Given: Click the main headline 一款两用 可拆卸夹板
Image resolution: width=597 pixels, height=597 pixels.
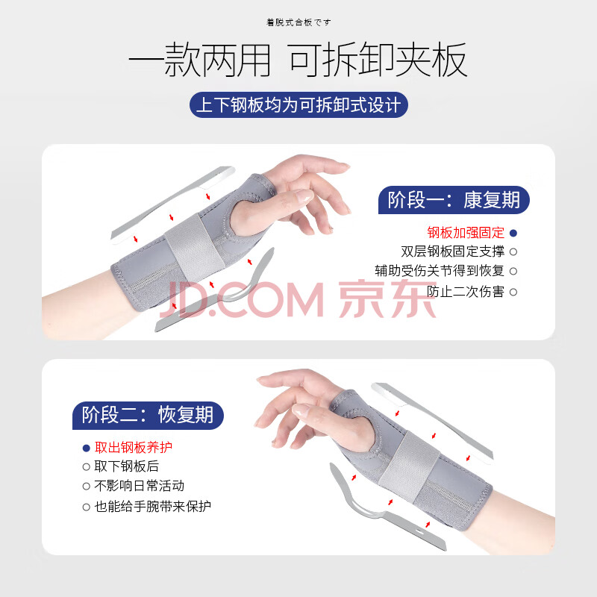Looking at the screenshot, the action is click(x=298, y=60).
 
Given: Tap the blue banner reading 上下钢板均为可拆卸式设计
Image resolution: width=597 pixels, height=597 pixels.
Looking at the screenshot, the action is click(x=298, y=104).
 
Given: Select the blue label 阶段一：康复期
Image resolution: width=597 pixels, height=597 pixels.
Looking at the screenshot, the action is click(x=454, y=200).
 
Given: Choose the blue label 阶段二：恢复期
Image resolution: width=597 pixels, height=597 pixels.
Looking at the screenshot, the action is click(x=148, y=416).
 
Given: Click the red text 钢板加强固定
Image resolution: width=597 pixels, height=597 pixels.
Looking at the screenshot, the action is click(x=466, y=232).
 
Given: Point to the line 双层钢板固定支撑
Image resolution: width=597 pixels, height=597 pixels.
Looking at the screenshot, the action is click(x=453, y=251).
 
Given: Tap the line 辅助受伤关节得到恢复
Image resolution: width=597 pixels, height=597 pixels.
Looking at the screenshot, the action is click(x=440, y=271).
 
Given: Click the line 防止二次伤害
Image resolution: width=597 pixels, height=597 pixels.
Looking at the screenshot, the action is click(x=466, y=292).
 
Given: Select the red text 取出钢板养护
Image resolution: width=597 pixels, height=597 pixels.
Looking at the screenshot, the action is click(x=134, y=447).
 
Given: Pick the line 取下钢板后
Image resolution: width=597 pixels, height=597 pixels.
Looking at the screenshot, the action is click(x=126, y=466).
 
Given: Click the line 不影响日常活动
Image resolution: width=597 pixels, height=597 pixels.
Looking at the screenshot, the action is click(x=140, y=486).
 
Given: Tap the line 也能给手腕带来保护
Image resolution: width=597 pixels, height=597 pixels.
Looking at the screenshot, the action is click(x=153, y=507).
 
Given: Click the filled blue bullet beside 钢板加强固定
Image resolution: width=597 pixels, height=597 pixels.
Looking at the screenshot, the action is click(x=513, y=233).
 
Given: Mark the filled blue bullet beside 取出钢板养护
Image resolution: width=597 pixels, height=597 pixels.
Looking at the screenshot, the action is click(x=87, y=448).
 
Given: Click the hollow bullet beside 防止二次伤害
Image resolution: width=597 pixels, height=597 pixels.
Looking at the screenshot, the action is click(x=513, y=293).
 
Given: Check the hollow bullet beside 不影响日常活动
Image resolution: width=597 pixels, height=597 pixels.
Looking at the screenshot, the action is click(x=87, y=487).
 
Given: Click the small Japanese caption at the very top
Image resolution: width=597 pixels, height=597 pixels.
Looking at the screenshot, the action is click(x=298, y=22).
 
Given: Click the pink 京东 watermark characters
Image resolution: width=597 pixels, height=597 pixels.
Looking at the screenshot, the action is click(x=387, y=298).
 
